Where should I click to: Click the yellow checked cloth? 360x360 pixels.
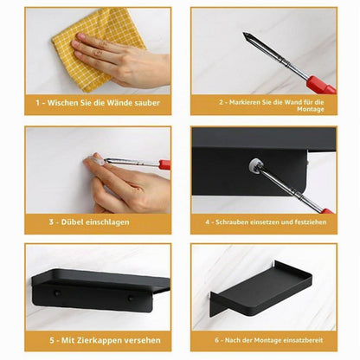click(x=95, y=49)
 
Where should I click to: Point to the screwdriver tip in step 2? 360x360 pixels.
click(x=245, y=35)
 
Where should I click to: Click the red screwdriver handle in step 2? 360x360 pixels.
click(x=321, y=84)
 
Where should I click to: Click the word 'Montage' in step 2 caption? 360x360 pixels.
click(x=311, y=109)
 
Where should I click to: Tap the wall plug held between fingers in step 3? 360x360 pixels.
click(x=98, y=158)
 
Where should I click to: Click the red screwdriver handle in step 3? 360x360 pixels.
click(x=164, y=164)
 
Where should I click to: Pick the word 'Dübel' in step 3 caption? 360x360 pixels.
click(x=68, y=222)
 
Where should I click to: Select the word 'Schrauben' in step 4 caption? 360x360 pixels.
click(x=232, y=222)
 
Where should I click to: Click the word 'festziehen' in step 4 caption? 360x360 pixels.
click(x=311, y=222)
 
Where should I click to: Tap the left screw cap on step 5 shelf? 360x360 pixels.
click(x=57, y=293)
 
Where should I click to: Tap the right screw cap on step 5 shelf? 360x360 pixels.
click(x=131, y=299)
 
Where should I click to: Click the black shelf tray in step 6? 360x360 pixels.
click(x=261, y=287)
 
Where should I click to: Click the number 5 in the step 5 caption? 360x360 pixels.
click(x=52, y=340)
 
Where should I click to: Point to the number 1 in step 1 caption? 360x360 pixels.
click(x=38, y=103)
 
